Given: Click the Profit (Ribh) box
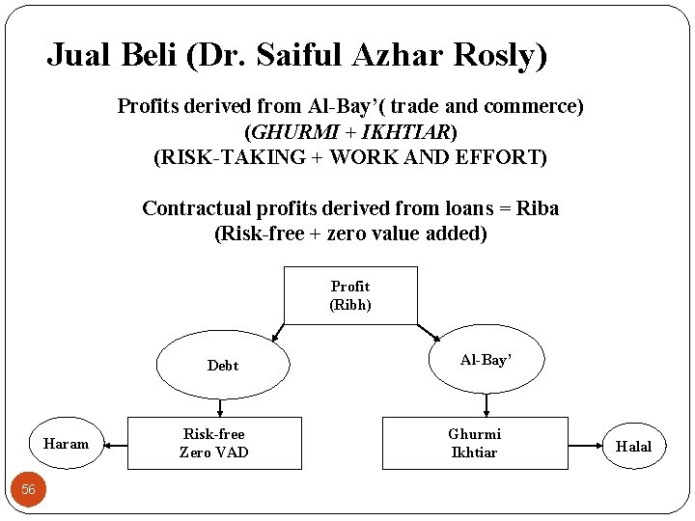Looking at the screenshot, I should (350, 295).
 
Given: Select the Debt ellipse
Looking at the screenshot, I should (223, 365).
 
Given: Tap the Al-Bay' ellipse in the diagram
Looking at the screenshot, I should (486, 360).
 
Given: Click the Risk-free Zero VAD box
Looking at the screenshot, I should (214, 443).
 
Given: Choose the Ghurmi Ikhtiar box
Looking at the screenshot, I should (474, 443).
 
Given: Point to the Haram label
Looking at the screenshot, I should (66, 444).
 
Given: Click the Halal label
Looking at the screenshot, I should (633, 446).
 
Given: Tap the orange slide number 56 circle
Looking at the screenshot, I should (28, 489).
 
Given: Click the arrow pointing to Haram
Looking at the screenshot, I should (115, 445).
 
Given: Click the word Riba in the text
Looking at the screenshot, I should (538, 208).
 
